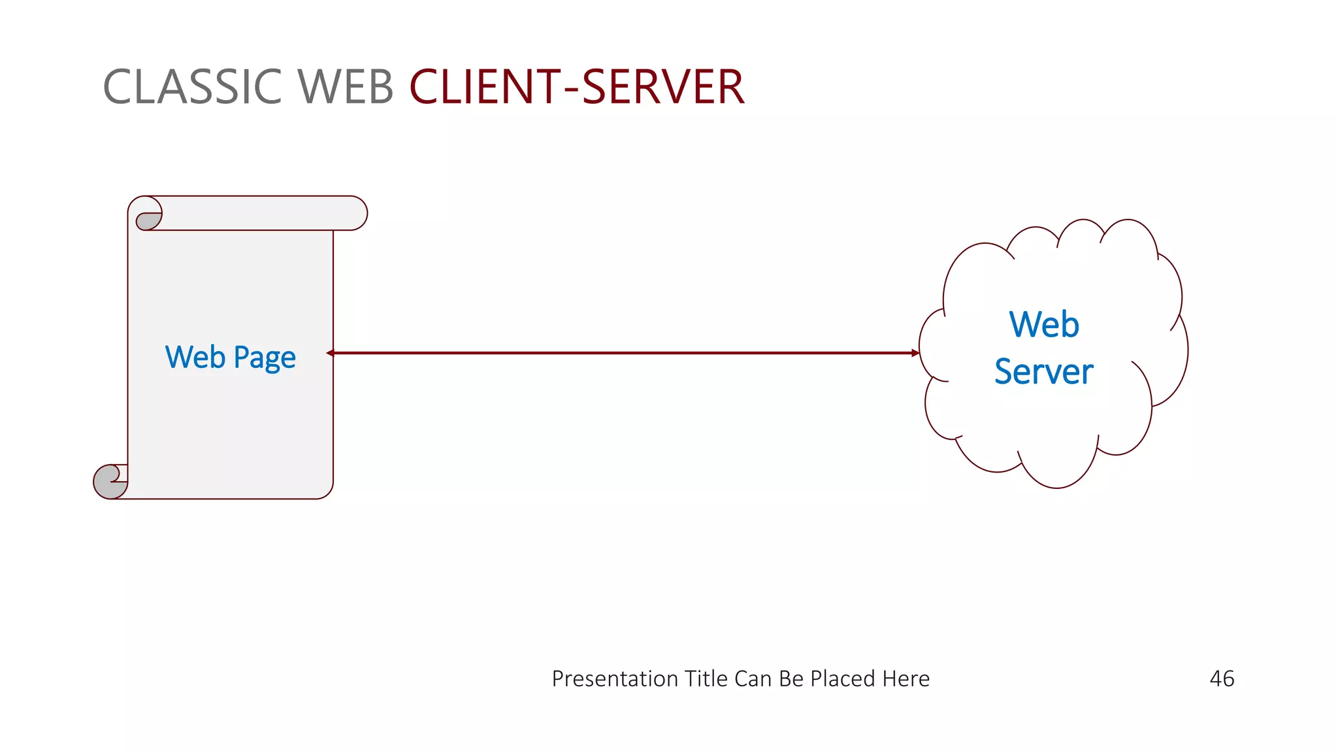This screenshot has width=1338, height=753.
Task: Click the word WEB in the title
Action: click(346, 87)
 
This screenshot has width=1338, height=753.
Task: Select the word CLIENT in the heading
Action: click(485, 87)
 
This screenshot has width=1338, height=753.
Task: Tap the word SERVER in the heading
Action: click(662, 87)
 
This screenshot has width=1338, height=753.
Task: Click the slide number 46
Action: click(1221, 678)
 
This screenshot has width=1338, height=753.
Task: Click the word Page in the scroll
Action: click(265, 358)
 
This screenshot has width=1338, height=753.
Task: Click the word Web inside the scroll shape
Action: click(195, 357)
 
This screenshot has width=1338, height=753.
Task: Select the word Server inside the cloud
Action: click(1043, 371)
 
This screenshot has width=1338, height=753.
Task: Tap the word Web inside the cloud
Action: click(1043, 324)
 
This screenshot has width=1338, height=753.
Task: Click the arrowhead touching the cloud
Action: click(915, 353)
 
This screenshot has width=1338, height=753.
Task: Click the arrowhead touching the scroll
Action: click(331, 353)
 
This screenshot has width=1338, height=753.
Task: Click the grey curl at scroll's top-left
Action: click(148, 221)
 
